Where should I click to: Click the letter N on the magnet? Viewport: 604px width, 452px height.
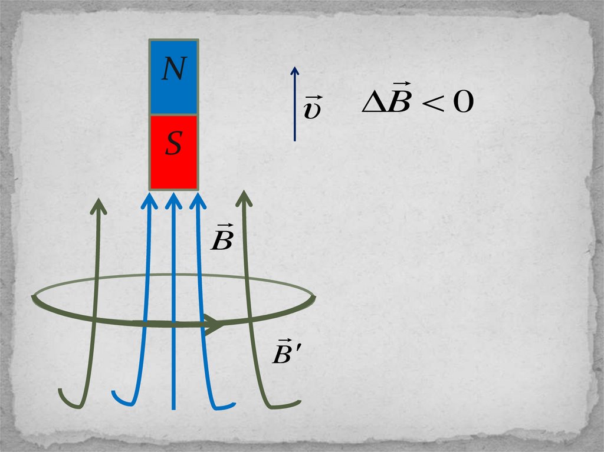point(173,71)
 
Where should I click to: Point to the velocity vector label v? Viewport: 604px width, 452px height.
point(311,109)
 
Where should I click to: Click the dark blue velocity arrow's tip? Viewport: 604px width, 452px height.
point(295,68)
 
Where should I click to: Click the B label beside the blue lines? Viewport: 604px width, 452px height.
point(221,239)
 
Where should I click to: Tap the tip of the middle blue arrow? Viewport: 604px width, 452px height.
point(173,197)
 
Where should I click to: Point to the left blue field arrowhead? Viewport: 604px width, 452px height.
point(148,199)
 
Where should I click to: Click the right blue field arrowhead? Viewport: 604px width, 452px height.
point(198,199)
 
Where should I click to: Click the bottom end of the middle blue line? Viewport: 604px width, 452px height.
point(173,407)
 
